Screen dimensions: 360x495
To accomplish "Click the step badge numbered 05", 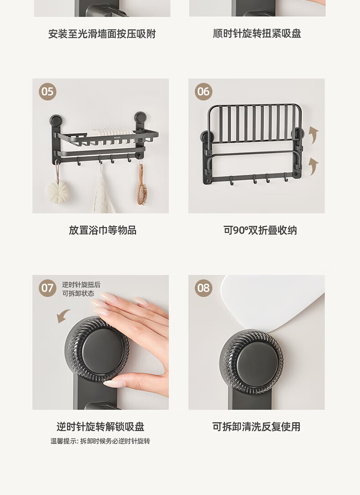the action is click(48, 92).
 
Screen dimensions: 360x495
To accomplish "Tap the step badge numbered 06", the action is click(204, 92).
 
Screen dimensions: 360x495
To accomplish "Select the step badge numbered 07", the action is click(48, 288).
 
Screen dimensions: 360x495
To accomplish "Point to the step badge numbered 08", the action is click(204, 288).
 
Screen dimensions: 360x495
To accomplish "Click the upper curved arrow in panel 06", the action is click(314, 134).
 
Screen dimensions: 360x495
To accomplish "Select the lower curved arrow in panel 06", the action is click(314, 166).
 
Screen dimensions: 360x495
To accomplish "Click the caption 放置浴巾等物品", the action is click(103, 230).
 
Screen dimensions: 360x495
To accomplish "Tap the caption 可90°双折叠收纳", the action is click(260, 230).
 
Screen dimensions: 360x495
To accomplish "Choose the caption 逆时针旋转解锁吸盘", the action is click(100, 427).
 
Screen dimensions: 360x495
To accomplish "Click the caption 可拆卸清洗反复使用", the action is click(256, 427).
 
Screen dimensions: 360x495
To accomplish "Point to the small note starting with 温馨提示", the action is click(100, 441).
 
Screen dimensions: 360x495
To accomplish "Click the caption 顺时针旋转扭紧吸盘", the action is click(257, 33).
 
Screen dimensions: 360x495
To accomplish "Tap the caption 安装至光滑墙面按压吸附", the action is click(102, 34).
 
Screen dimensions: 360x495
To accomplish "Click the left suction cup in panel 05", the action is click(56, 121).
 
